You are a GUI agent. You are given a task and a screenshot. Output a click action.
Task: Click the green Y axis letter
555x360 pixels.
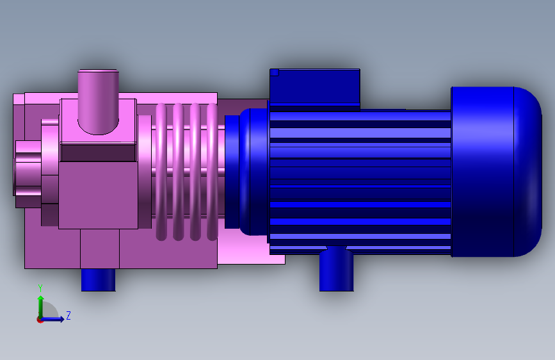click(40, 288)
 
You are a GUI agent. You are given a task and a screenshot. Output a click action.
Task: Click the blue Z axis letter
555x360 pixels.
click(68, 315)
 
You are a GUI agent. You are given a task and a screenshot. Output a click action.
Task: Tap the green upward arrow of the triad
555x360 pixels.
click(41, 306)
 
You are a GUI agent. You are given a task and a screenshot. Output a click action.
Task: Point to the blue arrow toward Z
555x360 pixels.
click(52, 319)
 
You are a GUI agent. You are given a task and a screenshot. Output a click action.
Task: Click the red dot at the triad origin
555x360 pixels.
click(40, 320)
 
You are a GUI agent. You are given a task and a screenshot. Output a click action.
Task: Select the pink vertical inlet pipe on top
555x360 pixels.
click(98, 102)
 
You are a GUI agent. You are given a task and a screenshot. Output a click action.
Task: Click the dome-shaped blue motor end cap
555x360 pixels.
click(496, 172)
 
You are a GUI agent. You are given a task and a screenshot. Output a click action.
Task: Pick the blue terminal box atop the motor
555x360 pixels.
click(315, 90)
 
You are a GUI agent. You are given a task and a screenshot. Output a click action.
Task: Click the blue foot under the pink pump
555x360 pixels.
click(99, 280)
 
